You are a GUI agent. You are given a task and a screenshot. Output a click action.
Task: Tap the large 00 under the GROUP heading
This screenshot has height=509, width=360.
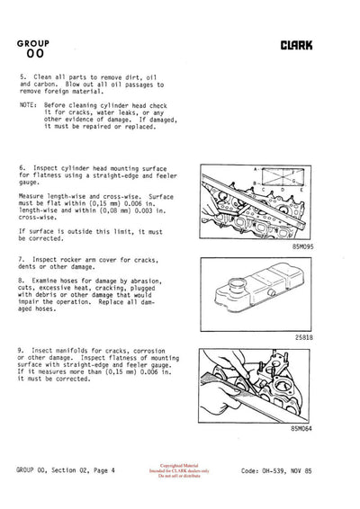pyautogui.click(x=34, y=54)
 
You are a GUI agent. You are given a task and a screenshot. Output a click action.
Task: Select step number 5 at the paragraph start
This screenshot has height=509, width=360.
pyautogui.click(x=22, y=78)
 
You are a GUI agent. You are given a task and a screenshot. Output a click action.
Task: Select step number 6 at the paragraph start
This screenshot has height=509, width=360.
pyautogui.click(x=22, y=168)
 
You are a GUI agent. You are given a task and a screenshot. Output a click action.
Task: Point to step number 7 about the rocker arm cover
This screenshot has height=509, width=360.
pyautogui.click(x=22, y=259)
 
